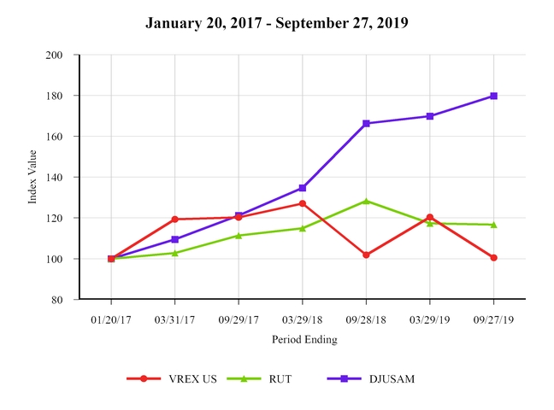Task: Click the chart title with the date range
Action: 276,22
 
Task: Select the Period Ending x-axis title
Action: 304,339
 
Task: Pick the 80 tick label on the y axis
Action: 57,300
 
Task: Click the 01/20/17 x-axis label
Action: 111,319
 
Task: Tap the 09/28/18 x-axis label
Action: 366,319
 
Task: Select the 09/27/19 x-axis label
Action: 493,319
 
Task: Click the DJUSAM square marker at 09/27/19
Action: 493,96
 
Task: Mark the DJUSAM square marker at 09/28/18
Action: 366,124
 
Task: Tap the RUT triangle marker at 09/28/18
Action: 366,201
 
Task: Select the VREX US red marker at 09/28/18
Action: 366,255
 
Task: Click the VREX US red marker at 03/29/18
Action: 303,203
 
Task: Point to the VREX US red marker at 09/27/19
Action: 493,257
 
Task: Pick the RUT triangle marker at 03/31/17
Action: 175,253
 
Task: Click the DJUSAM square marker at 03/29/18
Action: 303,188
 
